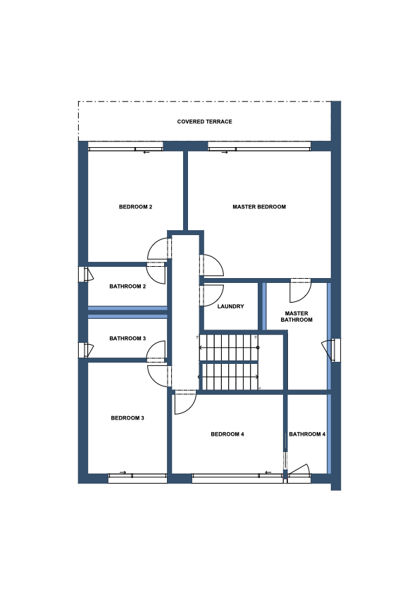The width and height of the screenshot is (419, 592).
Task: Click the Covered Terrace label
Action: (x=204, y=122)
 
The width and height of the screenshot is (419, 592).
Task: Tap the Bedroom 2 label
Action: (x=135, y=207)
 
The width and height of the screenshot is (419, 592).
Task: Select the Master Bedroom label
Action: (x=259, y=207)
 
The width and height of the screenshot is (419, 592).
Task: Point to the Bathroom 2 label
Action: (x=127, y=286)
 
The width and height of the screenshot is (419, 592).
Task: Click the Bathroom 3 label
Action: (x=127, y=339)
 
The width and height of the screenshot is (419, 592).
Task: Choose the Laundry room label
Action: (x=230, y=307)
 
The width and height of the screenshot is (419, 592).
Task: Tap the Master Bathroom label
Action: (x=296, y=316)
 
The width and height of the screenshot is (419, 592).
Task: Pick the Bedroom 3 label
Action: (x=127, y=418)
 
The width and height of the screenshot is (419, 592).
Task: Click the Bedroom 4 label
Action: (x=227, y=434)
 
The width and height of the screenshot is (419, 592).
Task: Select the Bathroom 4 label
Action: (x=307, y=434)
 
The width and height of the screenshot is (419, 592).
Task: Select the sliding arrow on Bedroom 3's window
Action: (x=123, y=472)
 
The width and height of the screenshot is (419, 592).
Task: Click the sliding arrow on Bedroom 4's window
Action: (x=268, y=472)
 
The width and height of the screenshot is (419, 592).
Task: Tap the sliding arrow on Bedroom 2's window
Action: (x=146, y=153)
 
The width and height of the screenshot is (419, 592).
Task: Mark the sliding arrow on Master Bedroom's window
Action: (x=225, y=153)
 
